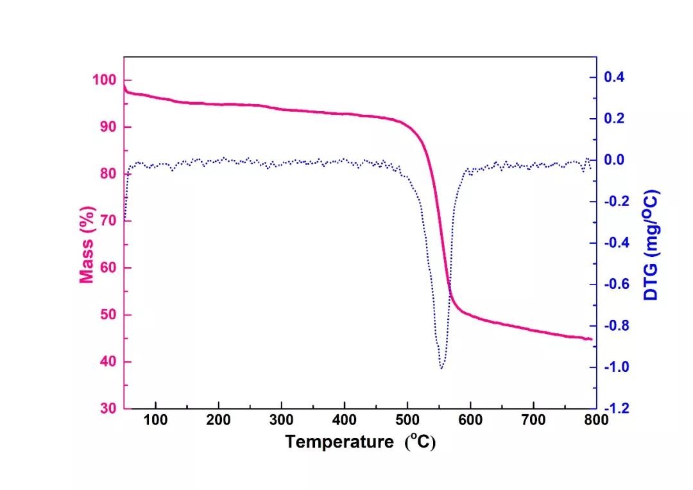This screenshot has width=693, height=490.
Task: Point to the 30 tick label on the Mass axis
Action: pyautogui.click(x=107, y=408)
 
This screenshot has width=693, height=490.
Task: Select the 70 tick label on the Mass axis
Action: pyautogui.click(x=107, y=221)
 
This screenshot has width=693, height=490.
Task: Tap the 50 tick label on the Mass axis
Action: pyautogui.click(x=107, y=315)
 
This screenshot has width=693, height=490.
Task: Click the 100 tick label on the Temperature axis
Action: pyautogui.click(x=155, y=421)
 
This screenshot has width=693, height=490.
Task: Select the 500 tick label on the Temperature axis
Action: pyautogui.click(x=407, y=421)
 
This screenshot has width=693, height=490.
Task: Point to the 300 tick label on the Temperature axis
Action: pyautogui.click(x=281, y=421)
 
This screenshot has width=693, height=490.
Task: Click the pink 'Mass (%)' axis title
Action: pyautogui.click(x=87, y=244)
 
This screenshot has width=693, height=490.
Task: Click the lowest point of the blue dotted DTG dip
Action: pyautogui.click(x=441, y=368)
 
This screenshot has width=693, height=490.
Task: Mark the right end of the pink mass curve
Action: pyautogui.click(x=591, y=339)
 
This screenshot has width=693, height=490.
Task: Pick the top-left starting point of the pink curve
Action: pyautogui.click(x=124, y=84)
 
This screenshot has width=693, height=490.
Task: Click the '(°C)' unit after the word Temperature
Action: pyautogui.click(x=420, y=442)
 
